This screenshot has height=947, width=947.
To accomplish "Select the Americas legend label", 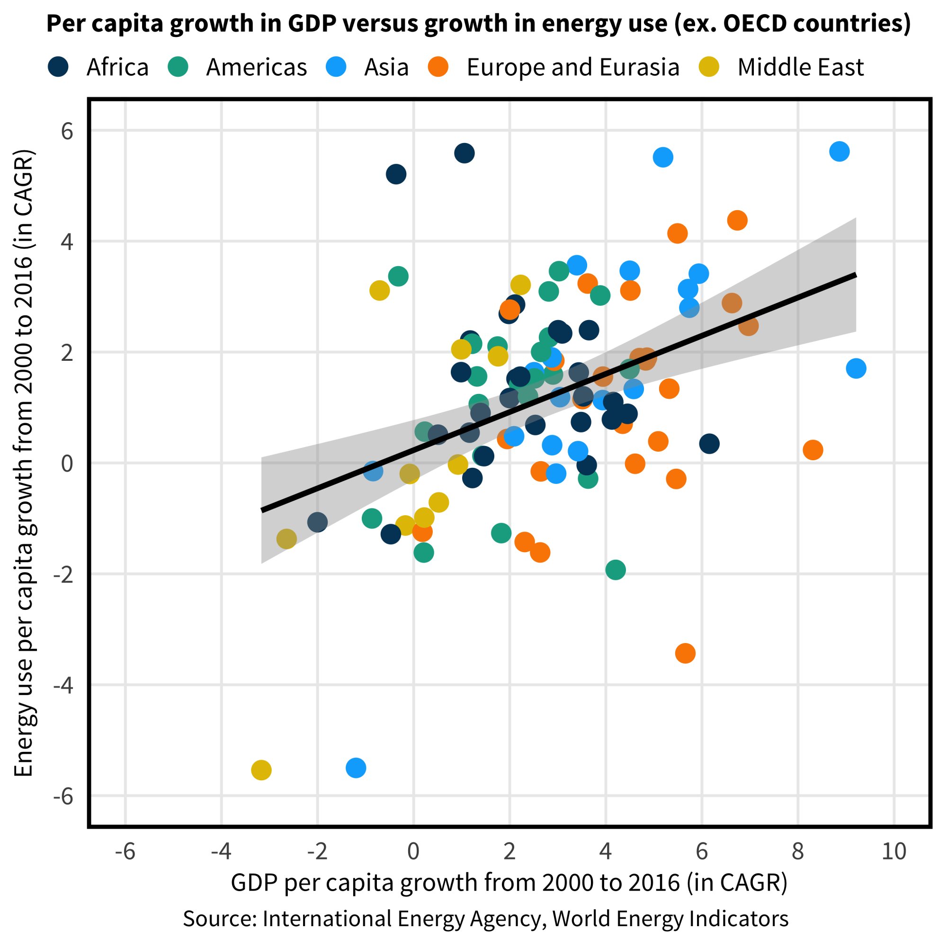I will [x=256, y=67].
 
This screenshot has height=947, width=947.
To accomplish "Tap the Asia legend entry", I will [x=386, y=67].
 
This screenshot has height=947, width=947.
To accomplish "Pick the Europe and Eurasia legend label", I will [x=572, y=67].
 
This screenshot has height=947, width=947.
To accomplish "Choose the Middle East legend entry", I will [x=800, y=67].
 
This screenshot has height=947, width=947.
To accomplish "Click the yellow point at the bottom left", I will [x=261, y=770].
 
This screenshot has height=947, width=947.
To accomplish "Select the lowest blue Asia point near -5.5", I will [x=356, y=768].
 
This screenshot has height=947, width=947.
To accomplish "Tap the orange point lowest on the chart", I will [x=685, y=653].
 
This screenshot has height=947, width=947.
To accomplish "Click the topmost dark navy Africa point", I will [x=464, y=153].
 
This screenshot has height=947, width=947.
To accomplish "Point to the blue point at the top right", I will [x=839, y=152].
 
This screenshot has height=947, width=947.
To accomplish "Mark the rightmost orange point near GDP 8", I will [x=813, y=450].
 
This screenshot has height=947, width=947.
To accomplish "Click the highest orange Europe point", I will [x=737, y=221].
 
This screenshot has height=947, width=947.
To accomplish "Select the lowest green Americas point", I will [x=615, y=570].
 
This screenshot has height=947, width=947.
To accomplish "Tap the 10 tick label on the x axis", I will [x=894, y=852].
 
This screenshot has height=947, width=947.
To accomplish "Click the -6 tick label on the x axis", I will [x=125, y=852].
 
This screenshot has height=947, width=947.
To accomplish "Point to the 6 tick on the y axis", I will [x=67, y=131].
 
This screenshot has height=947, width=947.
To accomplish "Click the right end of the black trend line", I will [x=855, y=276].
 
